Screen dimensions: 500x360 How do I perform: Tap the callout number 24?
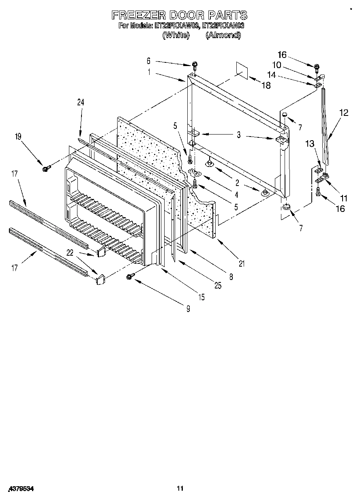click(80, 103)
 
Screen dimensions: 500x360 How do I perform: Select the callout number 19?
click(18, 137)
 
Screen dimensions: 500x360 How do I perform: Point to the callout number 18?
click(266, 85)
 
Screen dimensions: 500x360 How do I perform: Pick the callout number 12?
click(344, 113)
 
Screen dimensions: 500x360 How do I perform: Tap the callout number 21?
click(242, 264)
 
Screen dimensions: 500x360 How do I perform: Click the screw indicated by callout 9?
click(130, 276)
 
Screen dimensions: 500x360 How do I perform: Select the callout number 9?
click(188, 309)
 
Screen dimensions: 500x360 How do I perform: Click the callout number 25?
click(218, 286)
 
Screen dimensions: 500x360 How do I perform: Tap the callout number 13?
click(310, 143)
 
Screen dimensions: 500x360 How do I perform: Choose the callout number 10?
click(276, 64)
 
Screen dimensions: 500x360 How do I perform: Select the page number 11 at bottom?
click(180, 489)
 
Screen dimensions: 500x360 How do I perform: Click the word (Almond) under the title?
click(223, 35)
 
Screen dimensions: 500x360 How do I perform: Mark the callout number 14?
click(271, 75)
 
